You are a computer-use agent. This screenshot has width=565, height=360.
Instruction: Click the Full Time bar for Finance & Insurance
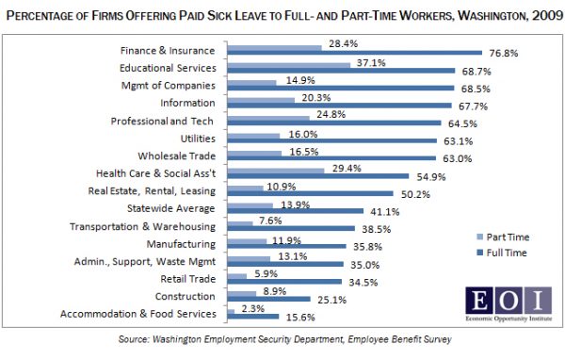point(354,55)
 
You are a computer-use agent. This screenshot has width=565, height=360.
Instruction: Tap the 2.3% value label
point(253,310)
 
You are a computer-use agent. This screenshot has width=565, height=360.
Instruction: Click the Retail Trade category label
point(188,279)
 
